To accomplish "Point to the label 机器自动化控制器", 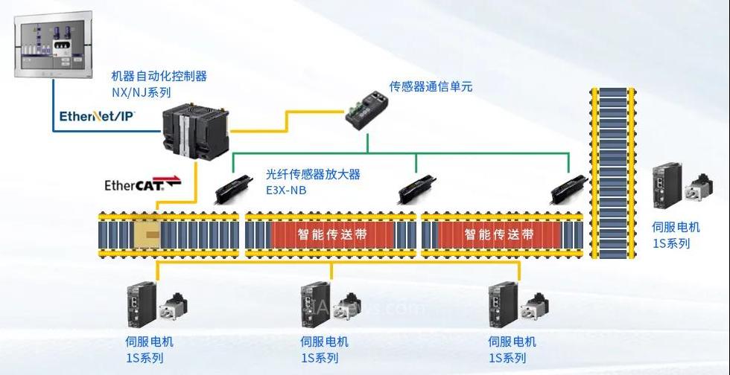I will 159,76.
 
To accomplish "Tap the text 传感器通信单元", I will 431,86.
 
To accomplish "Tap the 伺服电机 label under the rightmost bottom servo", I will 512,342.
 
